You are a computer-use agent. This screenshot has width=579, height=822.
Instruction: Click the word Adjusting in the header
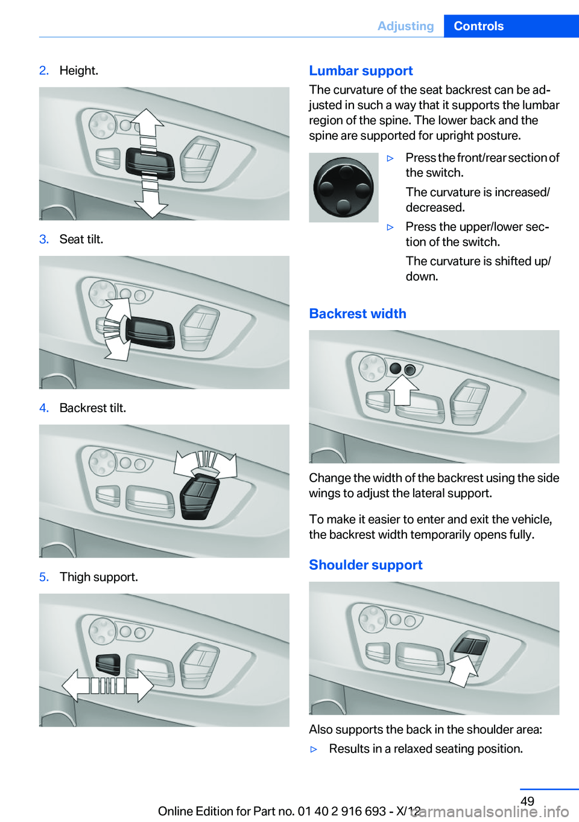(405, 27)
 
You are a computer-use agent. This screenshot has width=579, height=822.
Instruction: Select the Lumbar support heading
(361, 71)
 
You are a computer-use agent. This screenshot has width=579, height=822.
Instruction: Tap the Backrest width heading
(358, 313)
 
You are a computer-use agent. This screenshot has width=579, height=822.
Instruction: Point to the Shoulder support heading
(365, 565)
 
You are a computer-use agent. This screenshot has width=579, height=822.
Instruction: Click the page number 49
(527, 801)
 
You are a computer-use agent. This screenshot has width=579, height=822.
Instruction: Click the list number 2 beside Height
(44, 71)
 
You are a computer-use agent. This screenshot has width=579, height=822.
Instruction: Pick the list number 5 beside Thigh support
(44, 577)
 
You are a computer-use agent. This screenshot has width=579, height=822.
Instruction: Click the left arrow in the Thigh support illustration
(75, 685)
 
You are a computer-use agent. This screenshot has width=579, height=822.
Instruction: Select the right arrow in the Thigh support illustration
(140, 685)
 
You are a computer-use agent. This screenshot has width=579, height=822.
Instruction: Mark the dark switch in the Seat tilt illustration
(150, 332)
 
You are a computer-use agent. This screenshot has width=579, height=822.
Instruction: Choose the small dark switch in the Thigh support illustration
(108, 664)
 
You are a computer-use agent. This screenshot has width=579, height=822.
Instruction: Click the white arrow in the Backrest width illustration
(402, 390)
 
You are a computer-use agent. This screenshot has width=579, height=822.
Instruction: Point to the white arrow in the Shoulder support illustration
(462, 671)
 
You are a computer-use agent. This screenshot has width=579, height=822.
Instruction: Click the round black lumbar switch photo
(344, 188)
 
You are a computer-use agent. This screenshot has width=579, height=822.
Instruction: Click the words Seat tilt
(81, 239)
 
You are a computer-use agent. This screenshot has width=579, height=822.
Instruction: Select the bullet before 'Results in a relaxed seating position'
(314, 749)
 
